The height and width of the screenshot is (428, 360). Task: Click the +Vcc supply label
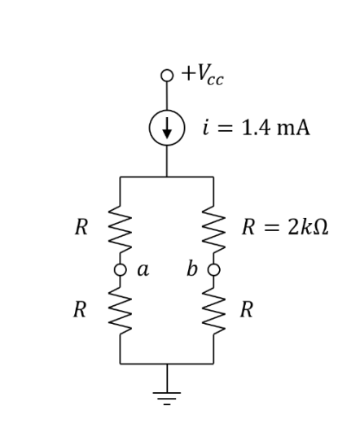click(x=204, y=77)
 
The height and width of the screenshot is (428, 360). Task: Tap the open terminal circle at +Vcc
click(x=167, y=76)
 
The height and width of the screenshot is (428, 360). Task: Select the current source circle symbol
click(x=167, y=129)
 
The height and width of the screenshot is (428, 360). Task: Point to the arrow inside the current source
click(x=167, y=129)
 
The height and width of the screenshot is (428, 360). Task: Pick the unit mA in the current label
click(x=292, y=129)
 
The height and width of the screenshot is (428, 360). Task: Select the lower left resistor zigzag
click(x=121, y=309)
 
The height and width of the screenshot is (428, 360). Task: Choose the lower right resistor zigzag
click(x=214, y=309)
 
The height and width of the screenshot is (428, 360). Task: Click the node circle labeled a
click(x=121, y=269)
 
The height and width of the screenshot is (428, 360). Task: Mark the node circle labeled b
click(x=214, y=269)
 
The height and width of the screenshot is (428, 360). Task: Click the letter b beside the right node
click(x=192, y=269)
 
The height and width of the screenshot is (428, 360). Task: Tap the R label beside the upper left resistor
click(x=81, y=228)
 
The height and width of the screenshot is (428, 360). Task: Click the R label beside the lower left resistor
click(x=81, y=309)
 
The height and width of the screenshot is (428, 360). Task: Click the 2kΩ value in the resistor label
click(x=306, y=228)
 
